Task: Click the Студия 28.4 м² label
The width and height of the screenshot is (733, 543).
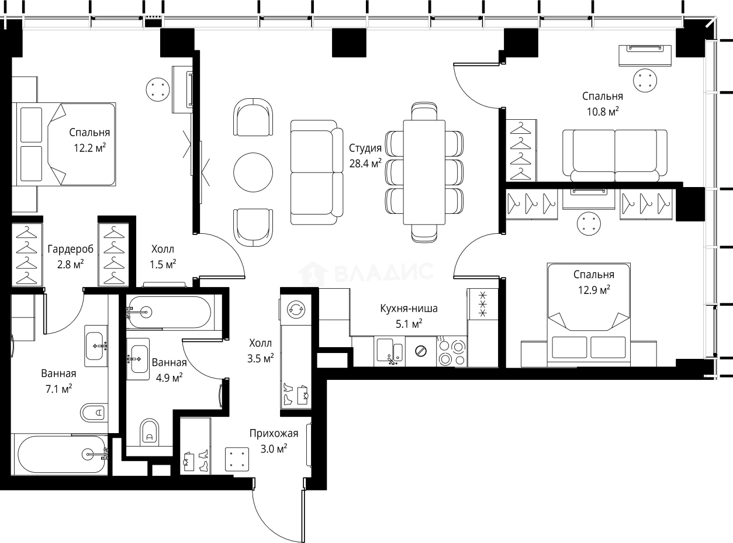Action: (365, 155)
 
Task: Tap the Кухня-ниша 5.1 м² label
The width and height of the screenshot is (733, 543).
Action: (409, 316)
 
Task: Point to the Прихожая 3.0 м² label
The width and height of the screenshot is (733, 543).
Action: (274, 441)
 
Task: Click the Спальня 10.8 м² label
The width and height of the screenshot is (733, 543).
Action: (603, 104)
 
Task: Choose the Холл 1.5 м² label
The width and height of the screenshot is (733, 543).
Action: (162, 257)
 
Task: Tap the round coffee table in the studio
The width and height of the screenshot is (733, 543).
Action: (253, 172)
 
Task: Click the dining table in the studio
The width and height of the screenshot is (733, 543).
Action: (424, 172)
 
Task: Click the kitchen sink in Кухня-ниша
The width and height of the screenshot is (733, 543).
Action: (389, 351)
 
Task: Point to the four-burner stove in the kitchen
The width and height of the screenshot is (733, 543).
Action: (451, 351)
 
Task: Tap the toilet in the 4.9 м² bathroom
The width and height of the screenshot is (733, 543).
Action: (150, 432)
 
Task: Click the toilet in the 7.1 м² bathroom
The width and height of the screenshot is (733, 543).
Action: (94, 412)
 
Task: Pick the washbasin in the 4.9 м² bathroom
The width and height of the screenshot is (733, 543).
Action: (138, 359)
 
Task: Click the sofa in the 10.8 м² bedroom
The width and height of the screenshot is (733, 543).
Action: (615, 155)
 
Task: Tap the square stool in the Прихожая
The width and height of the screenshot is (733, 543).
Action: (237, 459)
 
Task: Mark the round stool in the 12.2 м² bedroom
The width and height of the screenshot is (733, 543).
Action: (158, 89)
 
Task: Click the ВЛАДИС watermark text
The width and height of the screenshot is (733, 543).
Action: (383, 272)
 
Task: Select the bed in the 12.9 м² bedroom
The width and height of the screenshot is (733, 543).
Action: (589, 315)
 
